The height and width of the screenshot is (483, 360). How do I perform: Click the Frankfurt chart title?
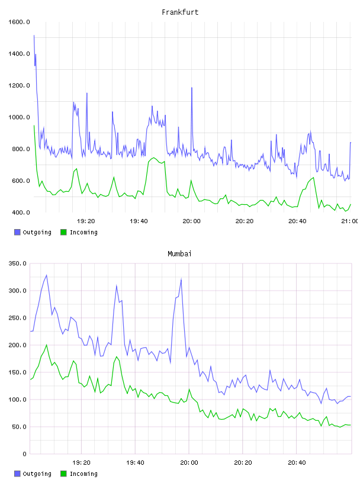(x=180, y=12)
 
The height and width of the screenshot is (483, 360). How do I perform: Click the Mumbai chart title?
(x=179, y=253)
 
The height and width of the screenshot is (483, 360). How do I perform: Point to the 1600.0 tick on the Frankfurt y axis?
(x=19, y=22)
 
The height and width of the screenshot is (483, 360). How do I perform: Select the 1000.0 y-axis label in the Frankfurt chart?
(x=19, y=117)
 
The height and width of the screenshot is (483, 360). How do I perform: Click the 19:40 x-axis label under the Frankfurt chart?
(x=139, y=221)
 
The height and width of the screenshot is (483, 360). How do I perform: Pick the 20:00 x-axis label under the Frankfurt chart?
(x=191, y=221)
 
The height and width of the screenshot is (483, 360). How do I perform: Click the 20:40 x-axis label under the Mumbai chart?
(x=297, y=462)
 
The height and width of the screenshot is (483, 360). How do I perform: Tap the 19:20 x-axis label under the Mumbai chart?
(x=81, y=462)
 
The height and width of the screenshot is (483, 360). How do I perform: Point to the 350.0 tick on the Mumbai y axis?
(x=17, y=263)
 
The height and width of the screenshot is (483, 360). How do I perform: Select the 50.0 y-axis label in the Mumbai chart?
(x=19, y=427)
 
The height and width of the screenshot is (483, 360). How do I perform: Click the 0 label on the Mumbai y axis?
(x=24, y=454)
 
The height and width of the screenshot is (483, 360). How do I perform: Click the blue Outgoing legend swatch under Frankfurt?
(x=17, y=232)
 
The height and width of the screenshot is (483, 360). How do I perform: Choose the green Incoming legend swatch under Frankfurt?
(x=63, y=232)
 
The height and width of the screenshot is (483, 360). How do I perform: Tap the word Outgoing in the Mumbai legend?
(x=37, y=474)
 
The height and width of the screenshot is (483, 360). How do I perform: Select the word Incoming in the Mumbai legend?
(x=83, y=474)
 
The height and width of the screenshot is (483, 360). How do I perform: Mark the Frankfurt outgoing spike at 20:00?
(x=192, y=88)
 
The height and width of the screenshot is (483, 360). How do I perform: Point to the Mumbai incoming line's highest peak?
(x=47, y=345)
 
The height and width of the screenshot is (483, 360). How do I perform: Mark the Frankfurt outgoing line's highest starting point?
(x=34, y=36)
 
